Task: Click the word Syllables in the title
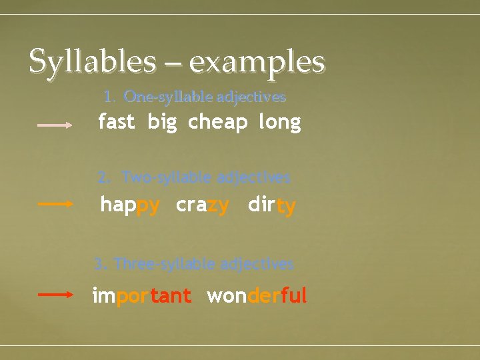coord(92,62)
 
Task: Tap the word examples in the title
coord(257,62)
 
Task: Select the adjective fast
coord(116,122)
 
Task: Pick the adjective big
coord(162,123)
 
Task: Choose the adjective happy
coord(130,205)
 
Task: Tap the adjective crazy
coord(203,205)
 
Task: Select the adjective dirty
coord(271,205)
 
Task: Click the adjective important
coord(142,296)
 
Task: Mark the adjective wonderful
coord(257,295)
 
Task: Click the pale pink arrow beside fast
coord(55,124)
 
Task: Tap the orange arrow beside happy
coord(55,205)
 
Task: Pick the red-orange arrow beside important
coord(55,294)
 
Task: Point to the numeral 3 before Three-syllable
coord(99,265)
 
